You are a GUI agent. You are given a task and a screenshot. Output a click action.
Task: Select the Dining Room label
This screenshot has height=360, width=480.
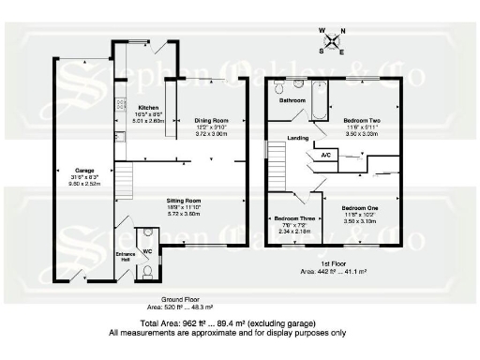point(212,120)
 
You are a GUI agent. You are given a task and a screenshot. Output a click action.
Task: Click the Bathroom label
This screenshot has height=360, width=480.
point(292,99)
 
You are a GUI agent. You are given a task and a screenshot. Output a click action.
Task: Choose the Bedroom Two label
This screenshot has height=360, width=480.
point(361,121)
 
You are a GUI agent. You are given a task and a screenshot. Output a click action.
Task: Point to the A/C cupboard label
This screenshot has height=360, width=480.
point(325,154)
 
